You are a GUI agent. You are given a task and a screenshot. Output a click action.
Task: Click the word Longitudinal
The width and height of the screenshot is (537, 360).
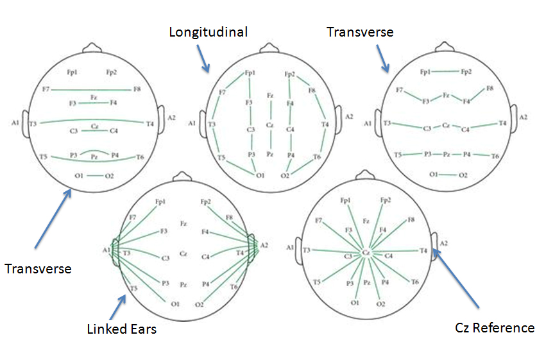[208, 31]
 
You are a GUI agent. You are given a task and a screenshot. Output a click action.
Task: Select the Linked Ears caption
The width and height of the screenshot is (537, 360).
[121, 329]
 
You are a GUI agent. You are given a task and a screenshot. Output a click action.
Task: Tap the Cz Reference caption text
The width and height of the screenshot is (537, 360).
[494, 327]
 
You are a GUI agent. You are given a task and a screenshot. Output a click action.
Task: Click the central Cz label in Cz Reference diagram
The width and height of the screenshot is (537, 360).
[366, 253]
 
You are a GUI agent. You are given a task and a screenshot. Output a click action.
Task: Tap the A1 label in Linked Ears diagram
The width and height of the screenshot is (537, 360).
[106, 249]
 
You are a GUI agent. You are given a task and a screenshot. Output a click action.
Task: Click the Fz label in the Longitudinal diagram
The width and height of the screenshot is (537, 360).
[270, 96]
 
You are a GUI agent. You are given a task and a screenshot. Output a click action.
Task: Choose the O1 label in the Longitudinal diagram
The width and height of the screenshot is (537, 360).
[260, 175]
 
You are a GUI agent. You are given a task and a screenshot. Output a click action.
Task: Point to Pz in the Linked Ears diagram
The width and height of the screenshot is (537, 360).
[183, 283]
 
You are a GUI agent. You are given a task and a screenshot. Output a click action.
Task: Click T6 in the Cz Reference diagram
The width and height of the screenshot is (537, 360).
[415, 282]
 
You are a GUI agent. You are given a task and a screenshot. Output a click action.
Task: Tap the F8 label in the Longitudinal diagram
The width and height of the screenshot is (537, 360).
[312, 90]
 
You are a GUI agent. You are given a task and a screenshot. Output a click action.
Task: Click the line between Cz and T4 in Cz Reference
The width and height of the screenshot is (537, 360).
[395, 252]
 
